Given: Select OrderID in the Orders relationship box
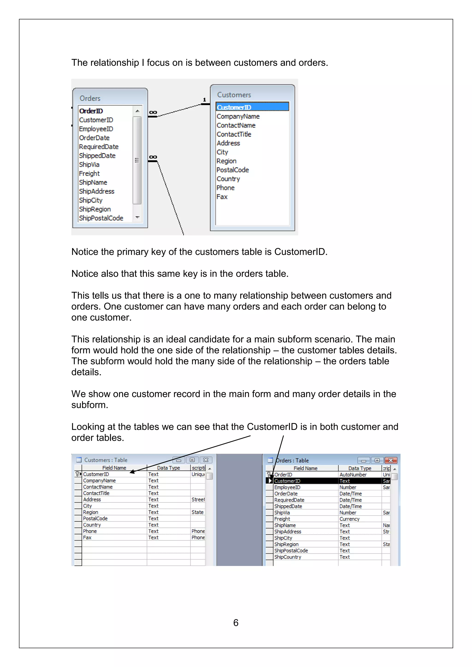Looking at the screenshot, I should [x=91, y=111].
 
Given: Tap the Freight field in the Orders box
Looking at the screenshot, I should [x=89, y=173].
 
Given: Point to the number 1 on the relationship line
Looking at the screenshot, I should [x=204, y=100].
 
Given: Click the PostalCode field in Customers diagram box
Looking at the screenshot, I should [x=233, y=170].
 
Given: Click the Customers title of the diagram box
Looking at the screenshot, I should [x=234, y=95].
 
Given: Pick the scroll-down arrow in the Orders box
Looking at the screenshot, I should [x=137, y=217].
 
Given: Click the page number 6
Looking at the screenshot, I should [x=236, y=623].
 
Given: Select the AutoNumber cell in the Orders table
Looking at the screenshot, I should [x=353, y=475].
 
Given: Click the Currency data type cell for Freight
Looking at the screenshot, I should [x=349, y=519].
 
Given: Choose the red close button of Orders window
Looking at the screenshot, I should [x=391, y=460].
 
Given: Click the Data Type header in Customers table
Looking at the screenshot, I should [x=168, y=468].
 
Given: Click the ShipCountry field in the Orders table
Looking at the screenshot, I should [x=287, y=557].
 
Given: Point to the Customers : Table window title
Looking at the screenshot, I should [x=106, y=460].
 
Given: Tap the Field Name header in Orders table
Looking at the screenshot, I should [x=305, y=468].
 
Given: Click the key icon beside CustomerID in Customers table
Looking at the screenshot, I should [x=77, y=474].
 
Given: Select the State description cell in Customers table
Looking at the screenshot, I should [x=197, y=512].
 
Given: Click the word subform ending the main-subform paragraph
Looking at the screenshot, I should [x=89, y=405].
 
